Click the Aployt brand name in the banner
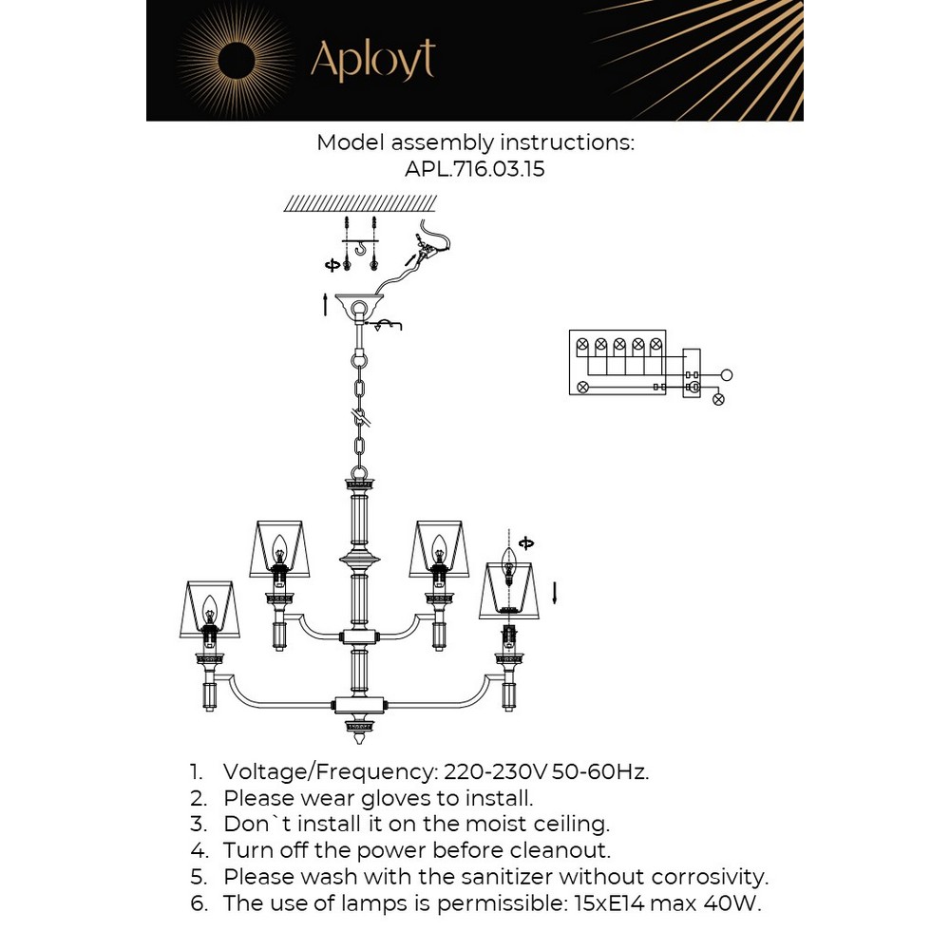[372, 60]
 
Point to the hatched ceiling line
[360, 202]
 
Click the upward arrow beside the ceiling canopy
[326, 304]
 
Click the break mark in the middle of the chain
[361, 415]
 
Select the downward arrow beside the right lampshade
[555, 593]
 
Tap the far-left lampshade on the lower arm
[209, 609]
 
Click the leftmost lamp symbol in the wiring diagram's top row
[582, 344]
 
